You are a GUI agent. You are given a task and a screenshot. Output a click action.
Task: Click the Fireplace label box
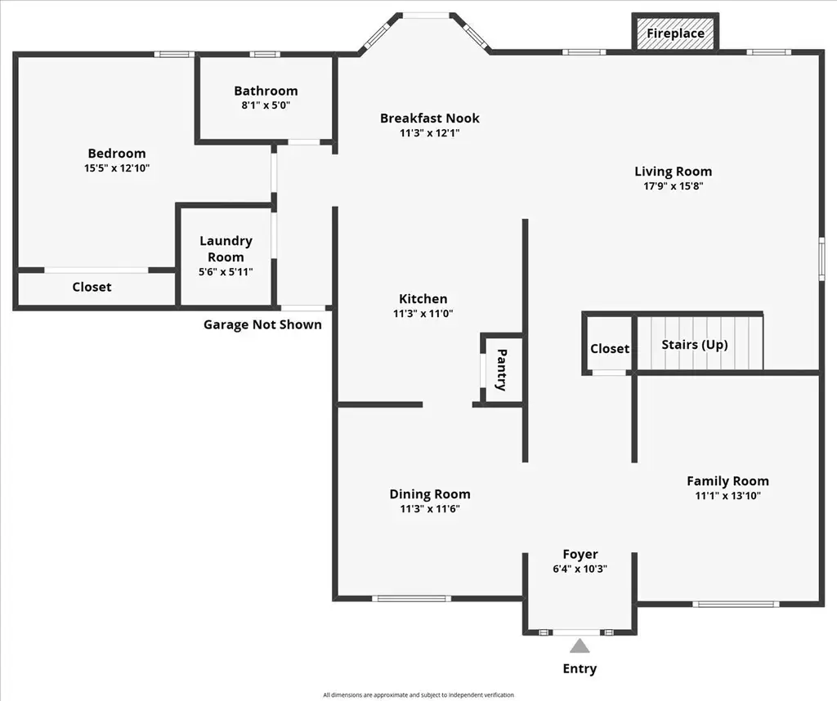click(x=675, y=33)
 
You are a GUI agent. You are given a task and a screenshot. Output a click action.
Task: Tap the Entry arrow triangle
click(x=580, y=646)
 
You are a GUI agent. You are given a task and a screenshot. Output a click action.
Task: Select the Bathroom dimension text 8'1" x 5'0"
click(x=266, y=105)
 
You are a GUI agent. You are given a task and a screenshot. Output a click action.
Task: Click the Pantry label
click(x=502, y=370)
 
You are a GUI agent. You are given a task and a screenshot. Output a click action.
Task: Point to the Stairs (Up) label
click(x=695, y=345)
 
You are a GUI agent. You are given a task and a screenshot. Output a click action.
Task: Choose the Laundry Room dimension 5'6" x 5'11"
click(x=226, y=271)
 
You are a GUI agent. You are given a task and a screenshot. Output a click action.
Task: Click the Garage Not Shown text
click(x=262, y=324)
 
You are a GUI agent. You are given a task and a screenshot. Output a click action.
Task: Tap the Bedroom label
click(x=117, y=153)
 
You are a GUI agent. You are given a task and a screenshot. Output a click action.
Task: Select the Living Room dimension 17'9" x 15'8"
click(x=674, y=186)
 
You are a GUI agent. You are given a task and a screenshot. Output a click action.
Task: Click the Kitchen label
click(x=423, y=299)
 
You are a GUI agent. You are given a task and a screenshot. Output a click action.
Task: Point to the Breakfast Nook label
click(x=430, y=118)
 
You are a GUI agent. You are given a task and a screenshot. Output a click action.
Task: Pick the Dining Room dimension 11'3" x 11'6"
click(x=430, y=508)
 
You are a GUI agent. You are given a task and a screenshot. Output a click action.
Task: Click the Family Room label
click(x=728, y=480)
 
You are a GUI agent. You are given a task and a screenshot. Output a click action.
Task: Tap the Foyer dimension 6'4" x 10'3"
click(x=580, y=569)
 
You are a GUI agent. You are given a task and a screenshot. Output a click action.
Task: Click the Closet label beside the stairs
click(x=610, y=348)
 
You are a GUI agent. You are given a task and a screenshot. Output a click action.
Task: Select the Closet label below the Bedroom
click(x=92, y=287)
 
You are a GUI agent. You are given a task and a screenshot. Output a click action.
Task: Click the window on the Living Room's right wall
click(x=822, y=258)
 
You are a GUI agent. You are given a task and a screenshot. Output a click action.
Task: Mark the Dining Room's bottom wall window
click(x=411, y=599)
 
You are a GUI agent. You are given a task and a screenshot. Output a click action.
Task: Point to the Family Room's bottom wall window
click(x=736, y=605)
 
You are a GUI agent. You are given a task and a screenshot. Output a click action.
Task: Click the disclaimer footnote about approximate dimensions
click(x=418, y=695)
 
